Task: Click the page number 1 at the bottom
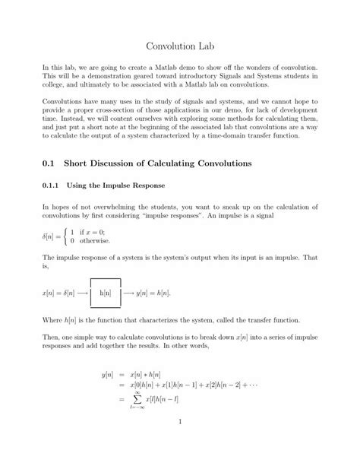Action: tap(180, 442)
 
